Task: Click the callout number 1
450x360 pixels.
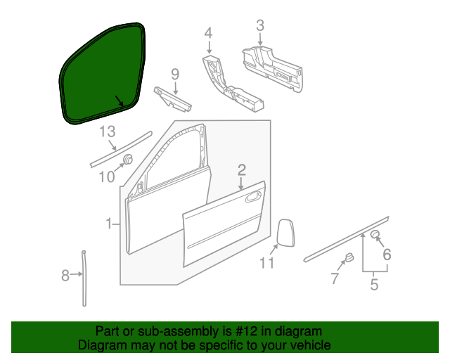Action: click(110, 224)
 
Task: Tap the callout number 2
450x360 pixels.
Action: click(241, 169)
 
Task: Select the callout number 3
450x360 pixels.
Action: click(259, 26)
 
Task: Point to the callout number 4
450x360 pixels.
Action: click(208, 32)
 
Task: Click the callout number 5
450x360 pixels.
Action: click(374, 285)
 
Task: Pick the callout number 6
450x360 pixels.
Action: click(386, 255)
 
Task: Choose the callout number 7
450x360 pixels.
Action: click(334, 279)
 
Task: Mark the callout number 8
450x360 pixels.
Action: click(65, 276)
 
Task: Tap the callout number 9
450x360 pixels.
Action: click(175, 74)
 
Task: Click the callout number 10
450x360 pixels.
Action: click(106, 176)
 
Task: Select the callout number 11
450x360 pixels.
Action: click(266, 263)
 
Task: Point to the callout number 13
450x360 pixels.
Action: click(106, 131)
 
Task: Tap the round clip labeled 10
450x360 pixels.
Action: click(129, 160)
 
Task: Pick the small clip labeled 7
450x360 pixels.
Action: click(348, 259)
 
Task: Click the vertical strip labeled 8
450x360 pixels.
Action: click(84, 278)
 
